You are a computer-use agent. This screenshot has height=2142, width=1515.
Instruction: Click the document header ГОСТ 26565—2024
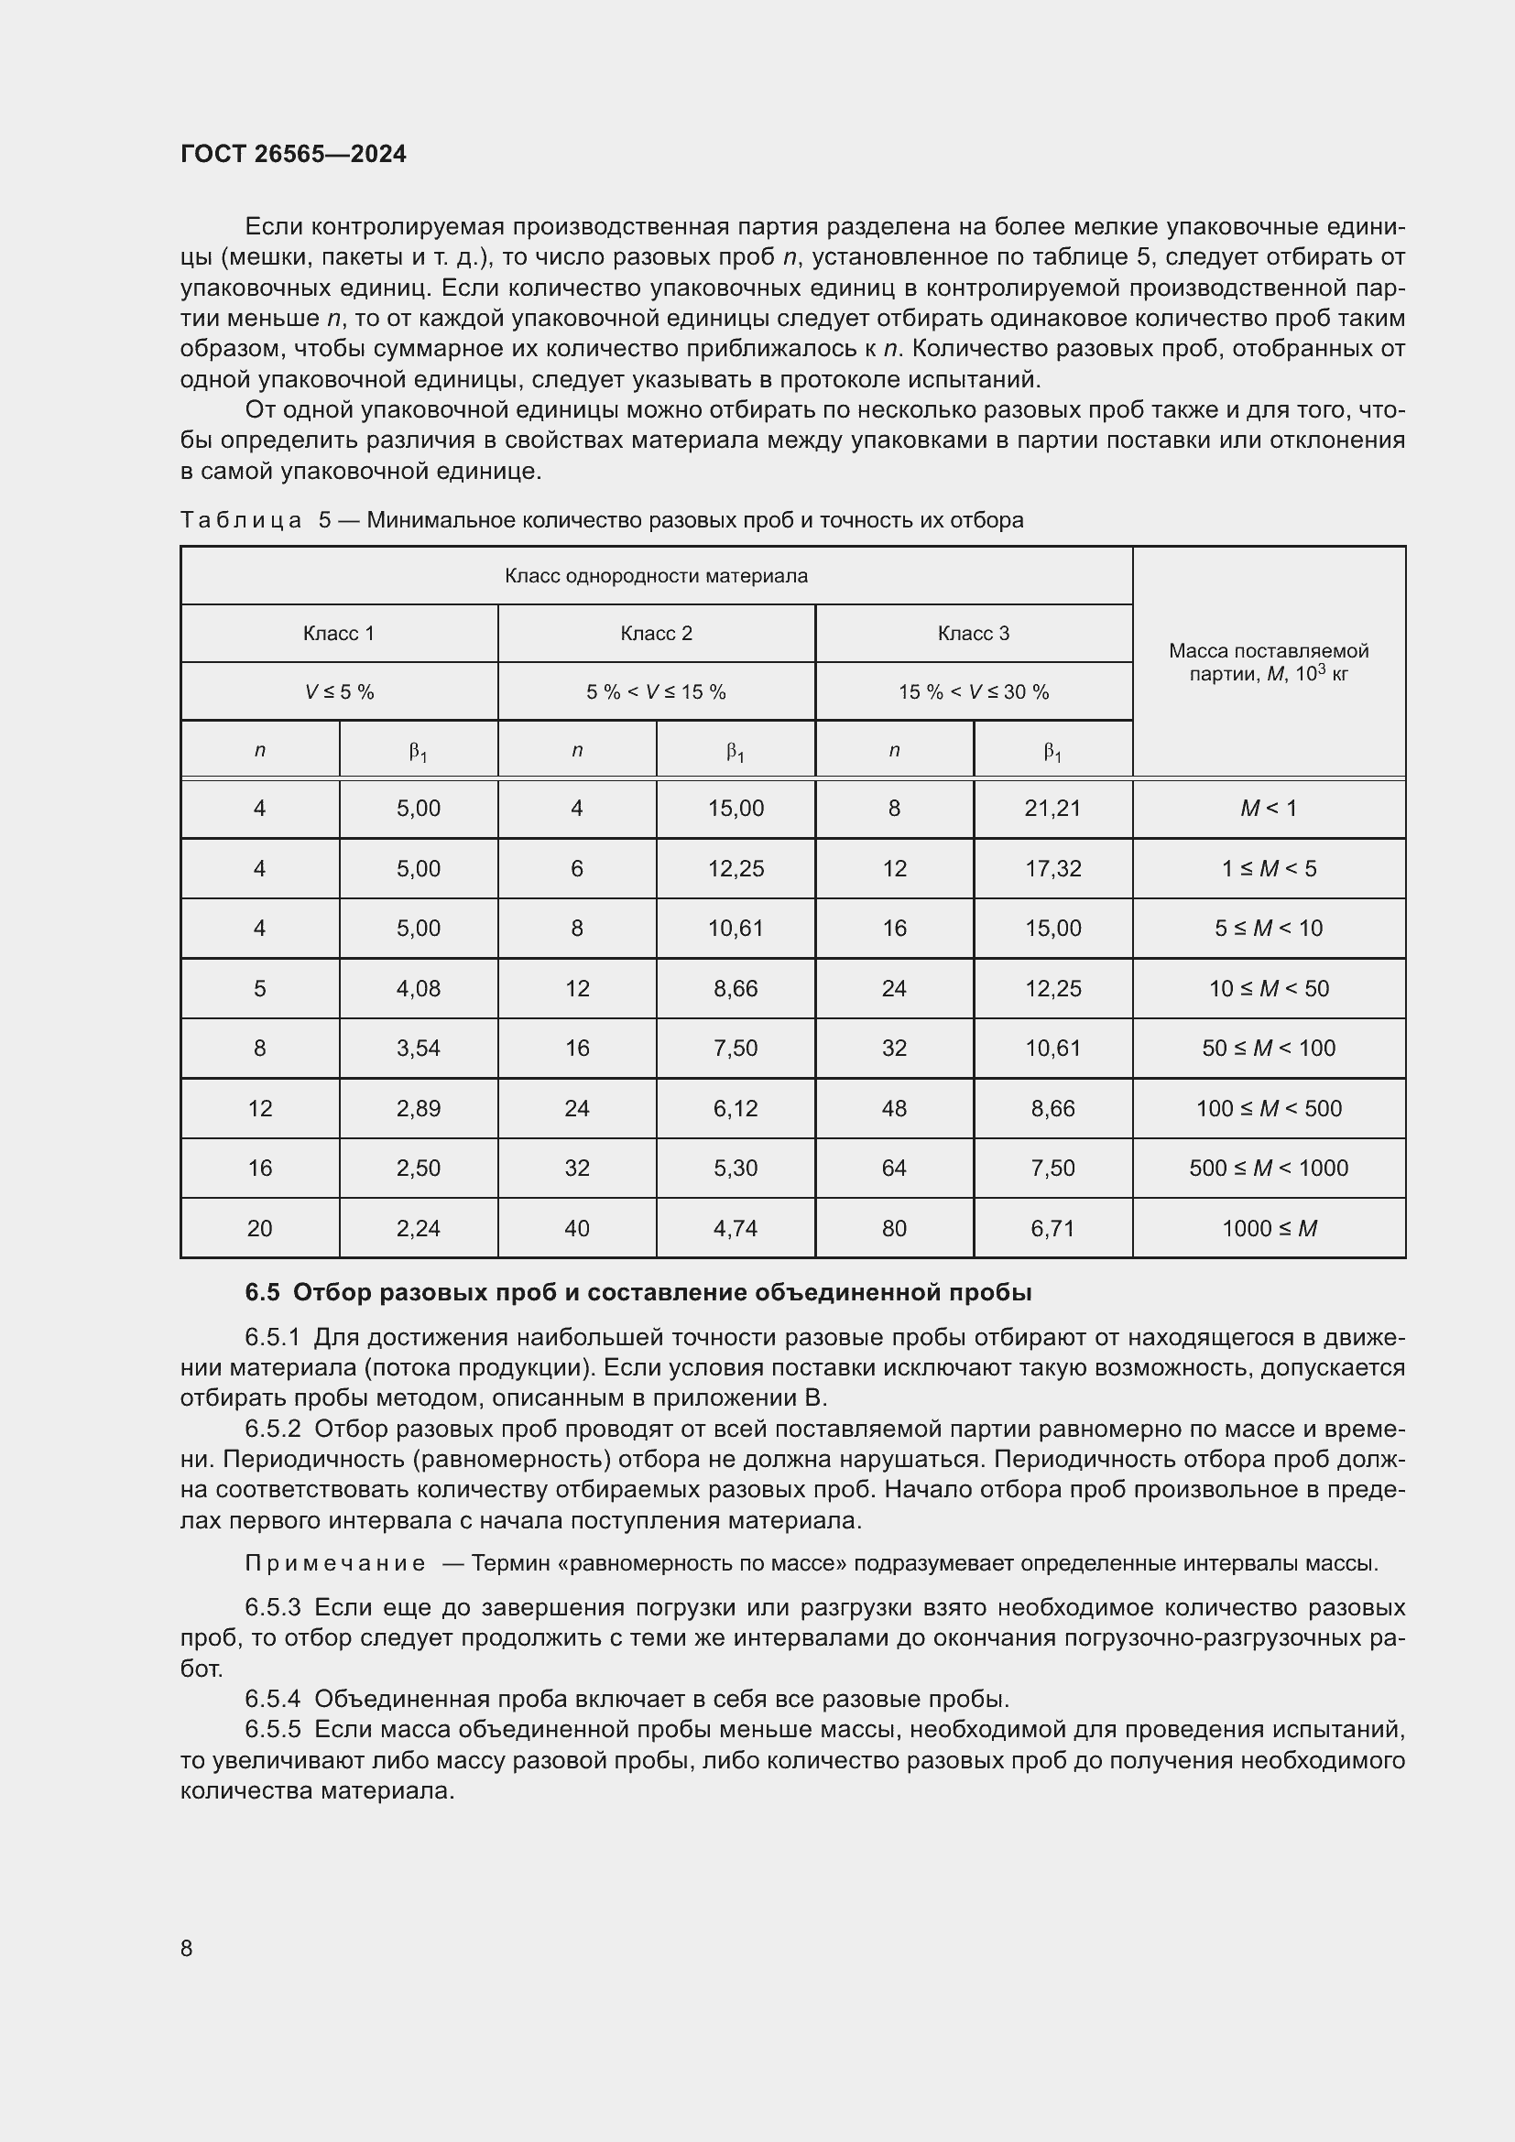[x=293, y=154]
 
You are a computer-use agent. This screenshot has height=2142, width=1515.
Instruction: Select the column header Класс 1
[x=339, y=634]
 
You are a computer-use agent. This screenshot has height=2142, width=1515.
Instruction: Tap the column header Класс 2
[x=656, y=634]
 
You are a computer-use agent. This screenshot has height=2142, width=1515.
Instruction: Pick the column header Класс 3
[x=973, y=634]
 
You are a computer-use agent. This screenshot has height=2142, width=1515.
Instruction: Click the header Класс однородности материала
[x=656, y=576]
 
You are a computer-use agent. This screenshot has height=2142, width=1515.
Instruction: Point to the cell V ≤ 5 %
[x=339, y=692]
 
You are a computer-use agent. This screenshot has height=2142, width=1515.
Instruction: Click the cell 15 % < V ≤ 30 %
[x=973, y=692]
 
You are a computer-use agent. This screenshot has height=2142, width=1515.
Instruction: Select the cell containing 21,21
[x=1052, y=808]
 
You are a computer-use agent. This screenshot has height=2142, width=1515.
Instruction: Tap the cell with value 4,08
[x=418, y=988]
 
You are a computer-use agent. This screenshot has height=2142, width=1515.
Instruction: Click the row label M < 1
[x=1268, y=808]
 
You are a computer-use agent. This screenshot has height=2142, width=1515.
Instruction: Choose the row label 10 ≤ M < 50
[x=1268, y=988]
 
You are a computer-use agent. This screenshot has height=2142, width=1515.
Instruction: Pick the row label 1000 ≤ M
[x=1268, y=1229]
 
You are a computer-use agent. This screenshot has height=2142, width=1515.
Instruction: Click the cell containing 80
[x=894, y=1229]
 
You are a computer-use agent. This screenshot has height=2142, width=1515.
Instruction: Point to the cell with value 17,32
[x=1052, y=868]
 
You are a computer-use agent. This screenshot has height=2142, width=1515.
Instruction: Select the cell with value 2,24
[x=418, y=1229]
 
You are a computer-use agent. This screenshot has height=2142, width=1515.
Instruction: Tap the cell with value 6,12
[x=736, y=1108]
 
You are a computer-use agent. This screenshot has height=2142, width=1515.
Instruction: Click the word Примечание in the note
[x=335, y=1563]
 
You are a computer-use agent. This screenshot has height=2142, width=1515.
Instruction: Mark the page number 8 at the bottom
[x=187, y=1949]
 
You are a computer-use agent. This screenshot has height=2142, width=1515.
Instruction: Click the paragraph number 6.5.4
[x=272, y=1699]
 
